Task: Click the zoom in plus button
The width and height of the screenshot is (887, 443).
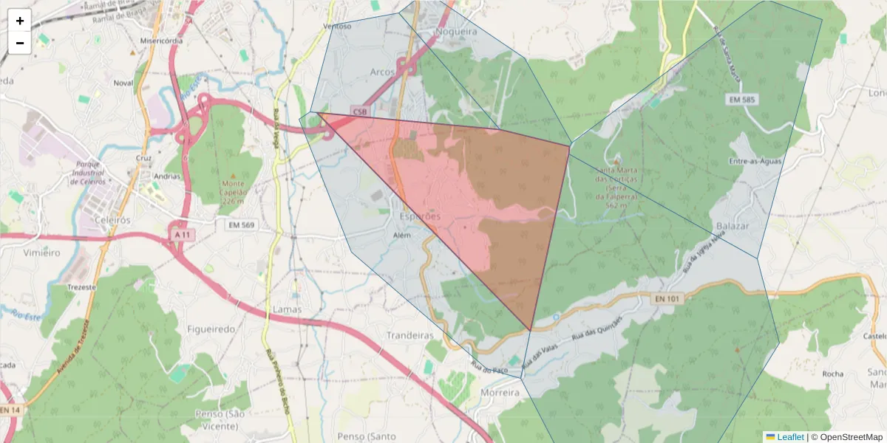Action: point(20,21)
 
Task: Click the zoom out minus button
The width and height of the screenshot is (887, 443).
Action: point(20,43)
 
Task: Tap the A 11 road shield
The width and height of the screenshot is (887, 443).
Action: point(183,234)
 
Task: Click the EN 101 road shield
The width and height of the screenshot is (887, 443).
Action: point(667,298)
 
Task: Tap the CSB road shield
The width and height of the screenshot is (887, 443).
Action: point(359,111)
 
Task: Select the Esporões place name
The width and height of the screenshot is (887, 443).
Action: point(420,216)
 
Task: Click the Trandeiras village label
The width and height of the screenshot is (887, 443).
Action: point(410,335)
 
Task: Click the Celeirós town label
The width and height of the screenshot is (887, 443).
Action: point(112,220)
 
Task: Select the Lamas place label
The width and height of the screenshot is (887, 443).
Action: point(288,309)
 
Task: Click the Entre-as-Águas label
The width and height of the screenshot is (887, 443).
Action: point(755,161)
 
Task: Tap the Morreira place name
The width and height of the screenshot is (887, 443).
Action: point(500,393)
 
